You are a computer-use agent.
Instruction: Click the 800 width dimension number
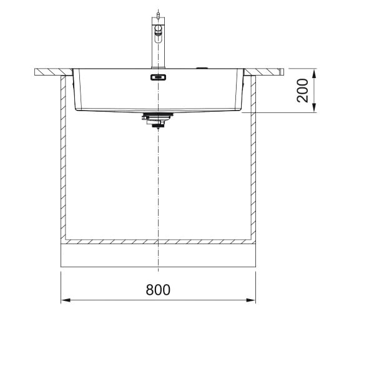click(x=158, y=290)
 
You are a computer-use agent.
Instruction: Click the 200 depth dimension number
click(x=302, y=91)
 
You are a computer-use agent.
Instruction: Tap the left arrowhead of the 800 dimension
click(x=66, y=300)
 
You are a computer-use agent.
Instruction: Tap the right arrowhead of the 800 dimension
click(x=250, y=300)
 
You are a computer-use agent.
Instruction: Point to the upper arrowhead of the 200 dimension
click(x=314, y=74)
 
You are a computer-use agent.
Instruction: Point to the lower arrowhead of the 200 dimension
click(x=314, y=107)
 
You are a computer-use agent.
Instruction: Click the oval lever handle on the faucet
click(x=158, y=34)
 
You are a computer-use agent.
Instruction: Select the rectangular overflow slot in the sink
click(x=158, y=77)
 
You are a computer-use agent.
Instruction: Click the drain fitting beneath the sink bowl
click(x=158, y=120)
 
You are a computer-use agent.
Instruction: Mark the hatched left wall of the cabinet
click(x=63, y=158)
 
